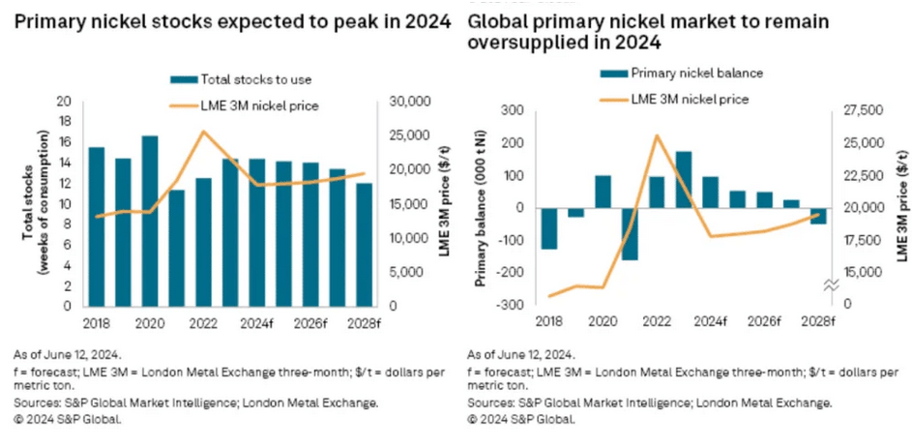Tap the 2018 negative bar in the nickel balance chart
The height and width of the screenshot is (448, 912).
coord(549,228)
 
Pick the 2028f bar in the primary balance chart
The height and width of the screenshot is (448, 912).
coord(818,216)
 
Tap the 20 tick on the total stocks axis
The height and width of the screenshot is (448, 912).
coord(66,102)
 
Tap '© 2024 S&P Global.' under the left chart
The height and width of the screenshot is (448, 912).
coord(68,419)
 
